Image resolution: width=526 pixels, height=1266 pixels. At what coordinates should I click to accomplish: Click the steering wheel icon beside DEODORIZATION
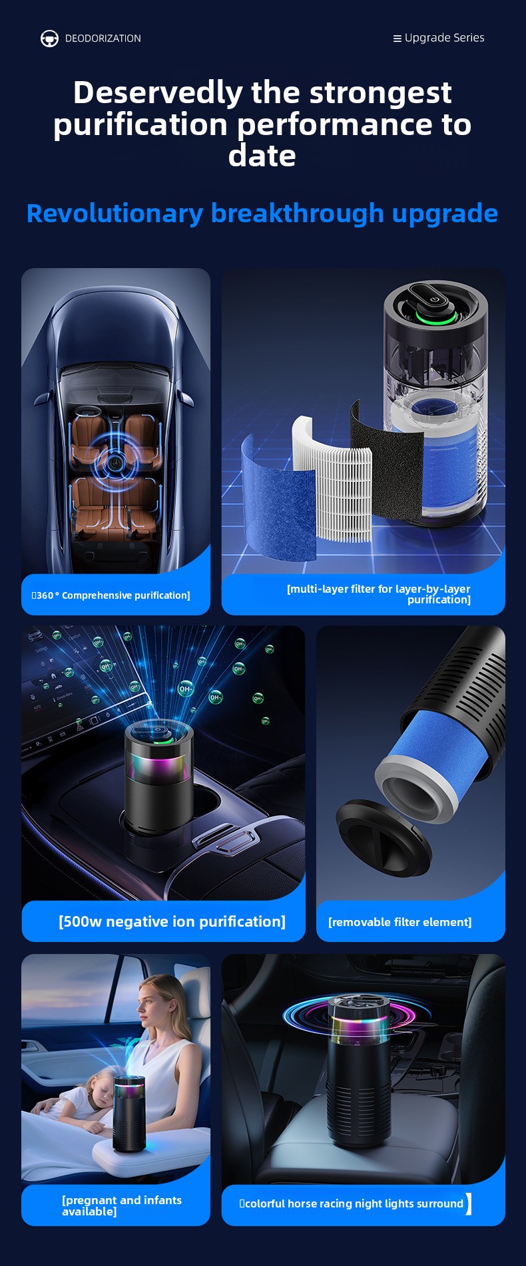click(49, 39)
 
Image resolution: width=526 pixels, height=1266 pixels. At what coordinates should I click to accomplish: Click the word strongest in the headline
click(381, 92)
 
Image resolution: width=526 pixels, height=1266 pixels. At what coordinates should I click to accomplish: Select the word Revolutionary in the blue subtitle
click(115, 214)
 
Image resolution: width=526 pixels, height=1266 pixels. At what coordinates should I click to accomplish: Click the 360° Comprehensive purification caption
click(111, 595)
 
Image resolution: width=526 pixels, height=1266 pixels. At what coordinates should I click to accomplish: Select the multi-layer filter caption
click(378, 594)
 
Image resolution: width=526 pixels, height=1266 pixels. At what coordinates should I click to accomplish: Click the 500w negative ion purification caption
click(172, 921)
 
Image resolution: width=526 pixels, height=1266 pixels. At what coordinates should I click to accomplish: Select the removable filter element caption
click(400, 922)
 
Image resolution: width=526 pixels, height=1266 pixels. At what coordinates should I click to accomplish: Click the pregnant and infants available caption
click(122, 1205)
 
